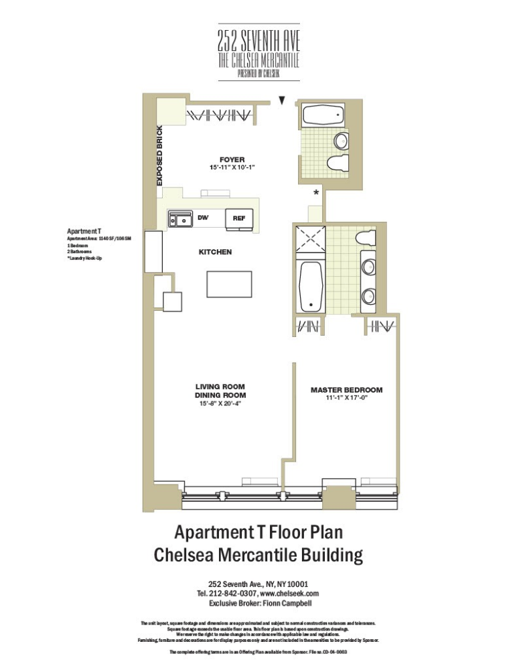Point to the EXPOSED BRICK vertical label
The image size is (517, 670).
pos(159,155)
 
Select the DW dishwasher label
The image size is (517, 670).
pos(202,218)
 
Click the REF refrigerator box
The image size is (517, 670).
pos(239,218)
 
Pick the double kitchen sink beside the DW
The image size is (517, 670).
pos(179,218)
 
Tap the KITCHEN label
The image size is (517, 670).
pos(215,252)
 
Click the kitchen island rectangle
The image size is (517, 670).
pos(229,284)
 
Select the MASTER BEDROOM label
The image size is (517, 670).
pos(346,390)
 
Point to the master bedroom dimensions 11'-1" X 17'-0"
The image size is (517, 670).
pos(346,398)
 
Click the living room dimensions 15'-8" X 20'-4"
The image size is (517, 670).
pos(220,404)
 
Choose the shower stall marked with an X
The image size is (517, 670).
pos(310,241)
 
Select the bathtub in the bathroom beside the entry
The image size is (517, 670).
pos(323,115)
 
